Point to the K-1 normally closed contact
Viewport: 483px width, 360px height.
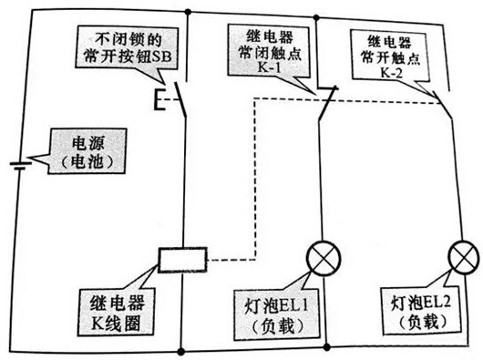click(x=324, y=102)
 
